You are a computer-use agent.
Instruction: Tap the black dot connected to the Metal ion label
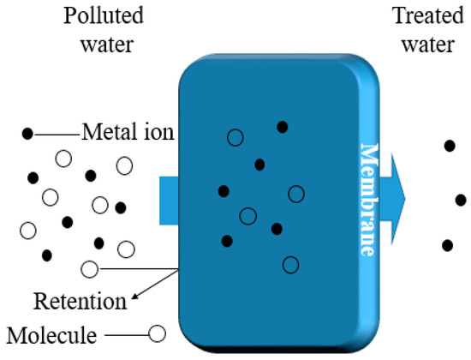pyautogui.click(x=27, y=134)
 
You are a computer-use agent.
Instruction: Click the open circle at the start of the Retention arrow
pyautogui.click(x=89, y=269)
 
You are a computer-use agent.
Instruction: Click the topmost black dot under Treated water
pyautogui.click(x=449, y=145)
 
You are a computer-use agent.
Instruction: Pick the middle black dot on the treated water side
pyautogui.click(x=460, y=201)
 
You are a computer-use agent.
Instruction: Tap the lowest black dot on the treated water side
pyautogui.click(x=447, y=246)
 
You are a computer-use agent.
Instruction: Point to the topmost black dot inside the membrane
pyautogui.click(x=282, y=127)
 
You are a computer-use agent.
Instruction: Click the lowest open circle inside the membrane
pyautogui.click(x=290, y=264)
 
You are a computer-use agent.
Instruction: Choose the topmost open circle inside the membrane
pyautogui.click(x=235, y=137)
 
